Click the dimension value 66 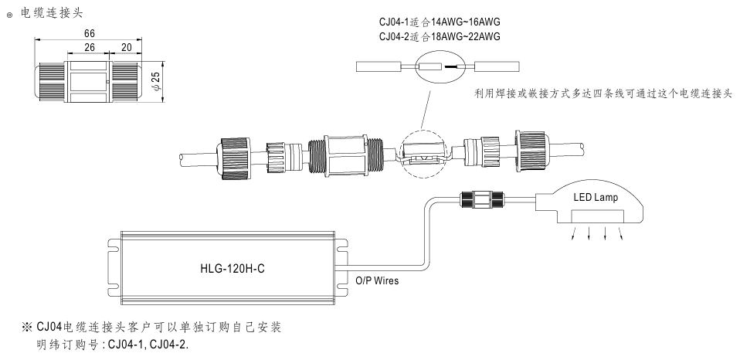tap(90, 33)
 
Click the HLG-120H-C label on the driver tap(228, 270)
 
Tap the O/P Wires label tap(377, 281)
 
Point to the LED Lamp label tap(595, 199)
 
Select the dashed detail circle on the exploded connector tap(424, 155)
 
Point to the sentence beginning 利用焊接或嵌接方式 tap(603, 93)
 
